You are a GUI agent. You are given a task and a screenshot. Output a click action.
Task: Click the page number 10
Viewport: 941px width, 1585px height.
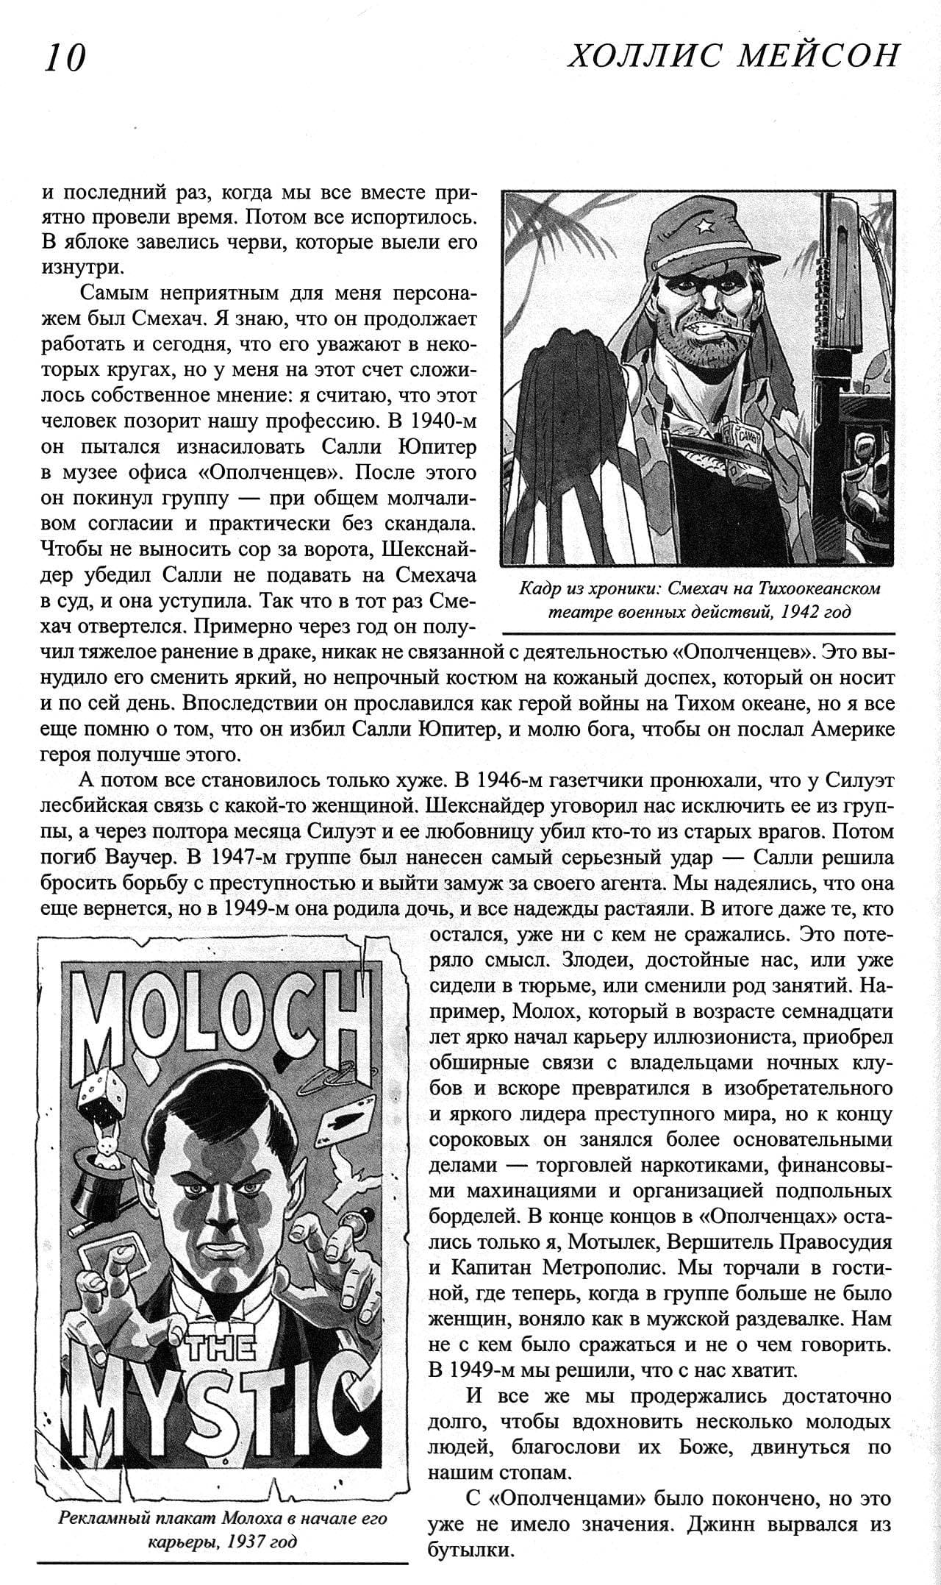[x=65, y=58]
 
